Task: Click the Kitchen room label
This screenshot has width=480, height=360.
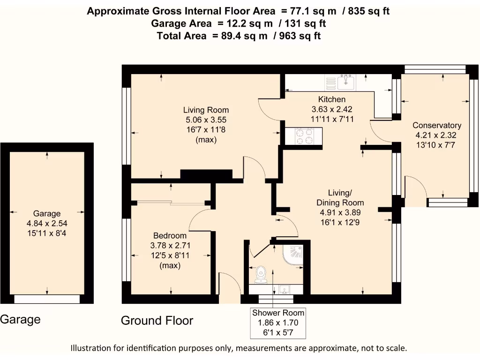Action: (332, 99)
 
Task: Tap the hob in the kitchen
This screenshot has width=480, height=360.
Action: (304, 136)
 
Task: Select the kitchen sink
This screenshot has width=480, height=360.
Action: (346, 82)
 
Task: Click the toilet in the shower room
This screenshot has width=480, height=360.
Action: (261, 275)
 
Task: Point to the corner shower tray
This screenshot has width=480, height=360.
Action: (293, 255)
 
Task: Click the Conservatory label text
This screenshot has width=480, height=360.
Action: (437, 126)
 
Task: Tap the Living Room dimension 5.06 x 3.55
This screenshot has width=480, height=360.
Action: (206, 120)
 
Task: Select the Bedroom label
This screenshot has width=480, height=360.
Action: (170, 236)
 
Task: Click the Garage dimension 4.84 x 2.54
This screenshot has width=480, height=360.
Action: (47, 224)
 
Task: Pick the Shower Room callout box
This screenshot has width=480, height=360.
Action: (278, 323)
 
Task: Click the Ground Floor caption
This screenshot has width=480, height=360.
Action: (157, 321)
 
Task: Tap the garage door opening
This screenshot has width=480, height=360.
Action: (47, 299)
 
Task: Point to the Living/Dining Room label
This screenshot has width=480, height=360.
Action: (340, 198)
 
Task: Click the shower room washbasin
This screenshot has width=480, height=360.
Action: (285, 290)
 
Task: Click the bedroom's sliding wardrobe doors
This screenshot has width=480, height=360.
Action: (171, 202)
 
